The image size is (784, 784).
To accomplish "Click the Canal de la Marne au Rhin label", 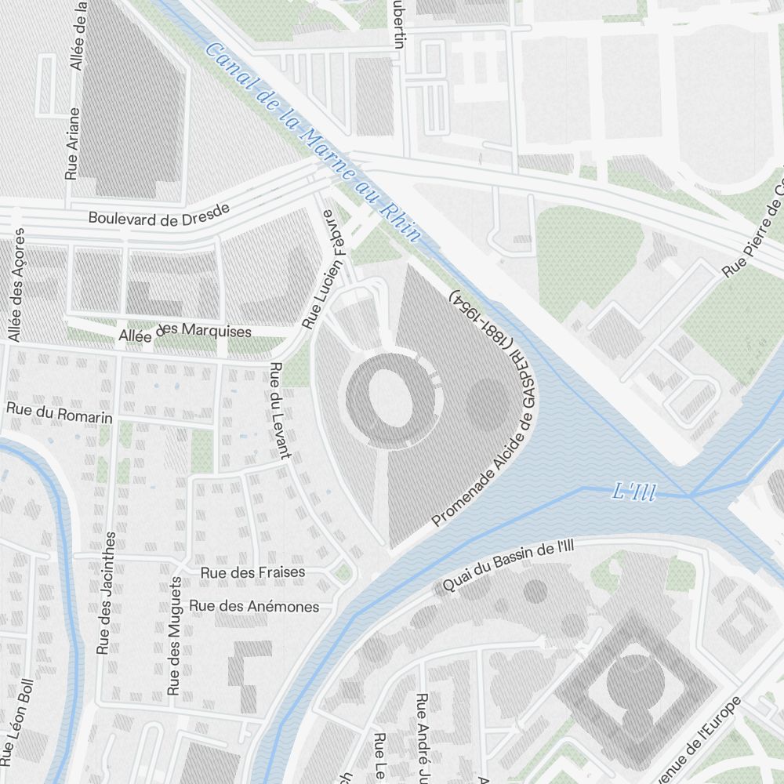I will [x=312, y=141].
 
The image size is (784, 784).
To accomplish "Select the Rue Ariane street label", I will [x=71, y=144].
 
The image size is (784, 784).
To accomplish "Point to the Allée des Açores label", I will [x=16, y=285].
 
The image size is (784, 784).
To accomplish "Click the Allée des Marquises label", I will [x=185, y=332].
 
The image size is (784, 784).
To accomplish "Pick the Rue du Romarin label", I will [x=59, y=413].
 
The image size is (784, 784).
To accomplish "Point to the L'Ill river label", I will [x=633, y=493].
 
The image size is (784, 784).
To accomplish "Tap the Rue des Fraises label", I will [x=252, y=572].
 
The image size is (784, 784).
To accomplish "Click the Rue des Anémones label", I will [x=254, y=606].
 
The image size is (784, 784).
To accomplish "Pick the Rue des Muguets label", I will [x=176, y=637].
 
